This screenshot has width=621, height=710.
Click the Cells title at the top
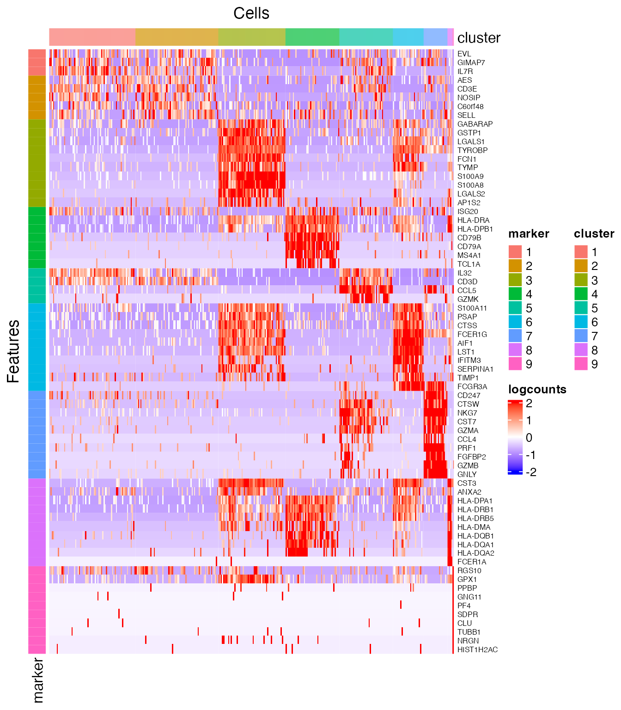[x=251, y=13]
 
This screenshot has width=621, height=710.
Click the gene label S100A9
[x=470, y=176]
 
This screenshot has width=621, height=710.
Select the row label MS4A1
[x=469, y=255]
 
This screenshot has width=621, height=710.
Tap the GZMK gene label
[x=468, y=299]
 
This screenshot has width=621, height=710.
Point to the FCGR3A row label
[x=472, y=386]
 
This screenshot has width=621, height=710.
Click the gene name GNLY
[x=467, y=474]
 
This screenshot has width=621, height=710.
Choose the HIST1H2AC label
[x=477, y=649]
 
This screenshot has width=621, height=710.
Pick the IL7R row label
[x=465, y=71]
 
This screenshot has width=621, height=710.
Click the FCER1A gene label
[x=471, y=562]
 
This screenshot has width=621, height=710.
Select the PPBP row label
[x=467, y=588]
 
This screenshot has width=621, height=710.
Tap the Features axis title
[x=14, y=351]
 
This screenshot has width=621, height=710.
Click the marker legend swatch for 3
[x=515, y=280]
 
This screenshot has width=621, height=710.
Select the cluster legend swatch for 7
[x=581, y=336]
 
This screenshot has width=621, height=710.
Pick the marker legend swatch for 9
[x=515, y=364]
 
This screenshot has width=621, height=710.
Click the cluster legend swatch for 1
[x=581, y=252]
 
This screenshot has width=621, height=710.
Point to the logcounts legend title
[x=537, y=389]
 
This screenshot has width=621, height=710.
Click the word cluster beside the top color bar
[x=479, y=38]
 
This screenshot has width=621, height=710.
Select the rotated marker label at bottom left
[x=38, y=680]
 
